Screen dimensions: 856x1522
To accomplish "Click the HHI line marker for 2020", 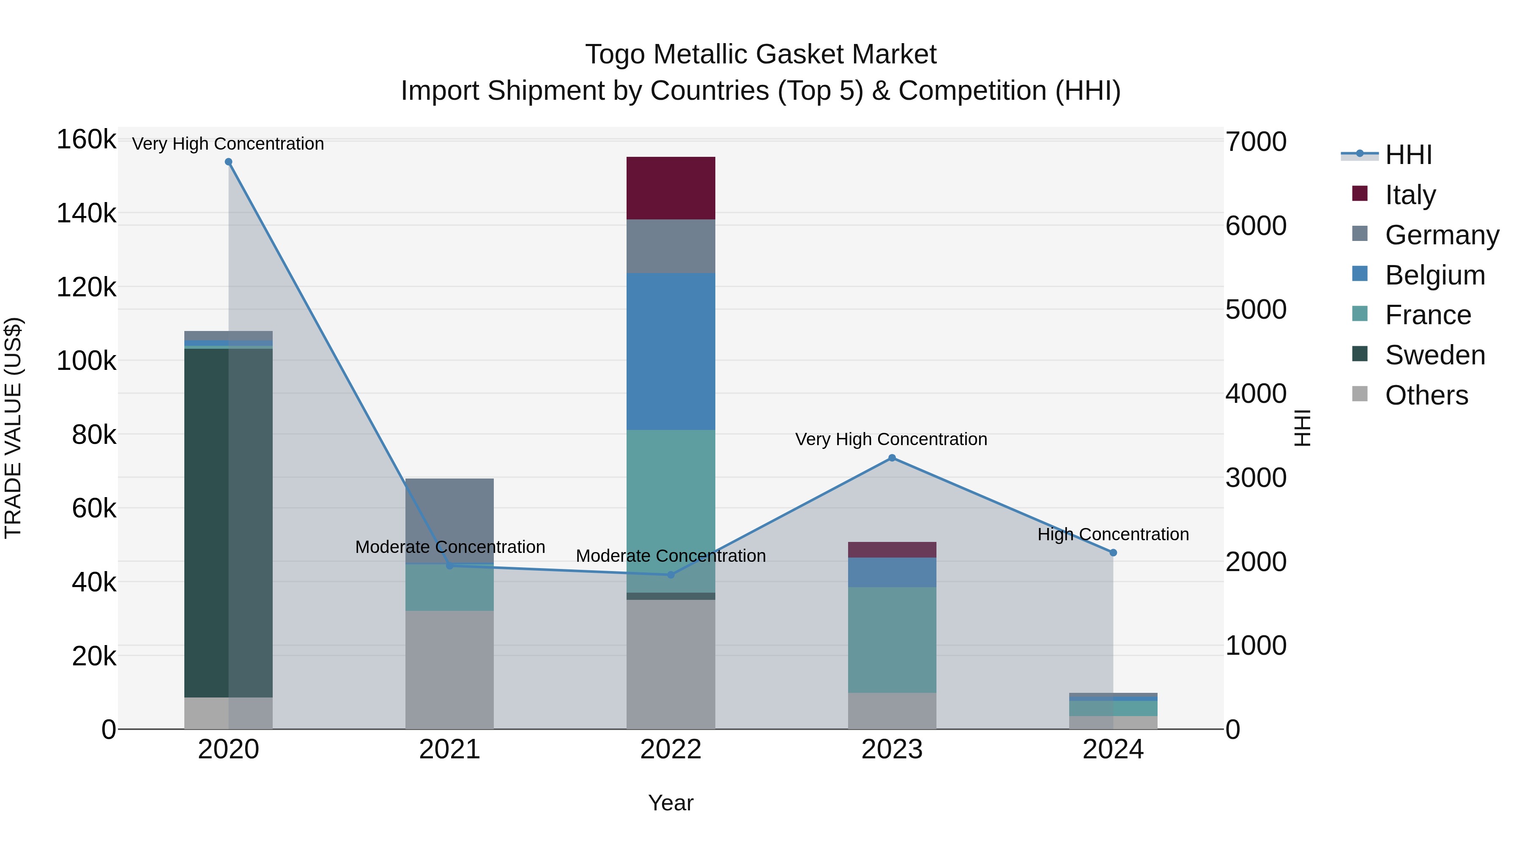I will coord(229,162).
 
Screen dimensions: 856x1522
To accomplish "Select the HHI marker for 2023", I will coord(892,458).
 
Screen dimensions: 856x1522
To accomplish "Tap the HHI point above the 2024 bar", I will coord(1113,553).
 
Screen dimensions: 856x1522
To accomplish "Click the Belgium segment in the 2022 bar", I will coord(671,352).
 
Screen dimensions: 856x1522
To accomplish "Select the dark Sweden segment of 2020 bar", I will coord(207,523).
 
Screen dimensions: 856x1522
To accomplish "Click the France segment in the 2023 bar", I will coord(892,640).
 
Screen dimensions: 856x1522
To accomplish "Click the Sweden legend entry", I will coord(1434,355).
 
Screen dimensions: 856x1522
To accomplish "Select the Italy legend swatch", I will coord(1360,194).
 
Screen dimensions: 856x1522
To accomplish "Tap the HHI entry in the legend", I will coord(1408,155).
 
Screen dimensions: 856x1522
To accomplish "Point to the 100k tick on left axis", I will coord(86,361).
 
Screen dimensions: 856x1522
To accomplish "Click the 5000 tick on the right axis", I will coord(1256,309).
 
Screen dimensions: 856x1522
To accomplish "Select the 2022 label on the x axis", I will coord(671,749).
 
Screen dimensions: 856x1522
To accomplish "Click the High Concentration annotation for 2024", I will coord(1113,534).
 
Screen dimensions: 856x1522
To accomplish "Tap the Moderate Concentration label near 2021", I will coord(450,547).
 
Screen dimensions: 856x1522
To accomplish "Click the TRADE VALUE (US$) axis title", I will coord(13,428).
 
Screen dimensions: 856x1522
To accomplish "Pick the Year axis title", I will coord(671,803).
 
